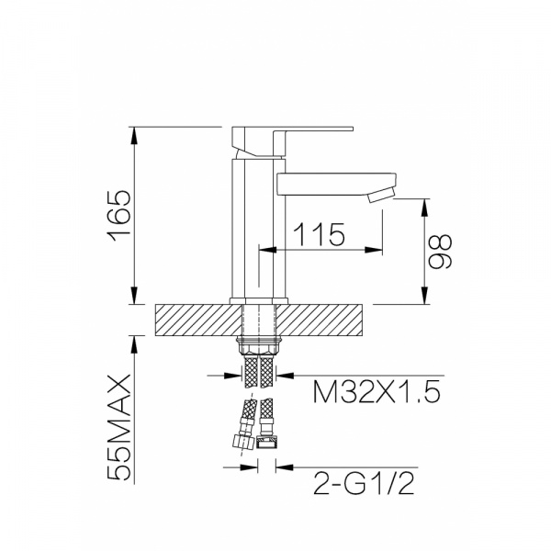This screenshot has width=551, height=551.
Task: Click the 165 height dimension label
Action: pos(120,216)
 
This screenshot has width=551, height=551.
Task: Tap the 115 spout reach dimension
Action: pos(319,233)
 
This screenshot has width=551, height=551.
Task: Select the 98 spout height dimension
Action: pos(440,252)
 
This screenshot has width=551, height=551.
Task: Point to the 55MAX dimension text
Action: pos(119,428)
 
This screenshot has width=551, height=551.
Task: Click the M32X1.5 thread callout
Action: pos(377,392)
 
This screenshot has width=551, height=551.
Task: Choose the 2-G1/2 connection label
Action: pos(364,484)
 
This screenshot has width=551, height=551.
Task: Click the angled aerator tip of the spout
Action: pos(381,195)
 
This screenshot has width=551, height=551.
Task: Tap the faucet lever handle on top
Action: pos(292,141)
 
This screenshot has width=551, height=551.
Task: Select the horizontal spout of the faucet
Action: pos(337,184)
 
